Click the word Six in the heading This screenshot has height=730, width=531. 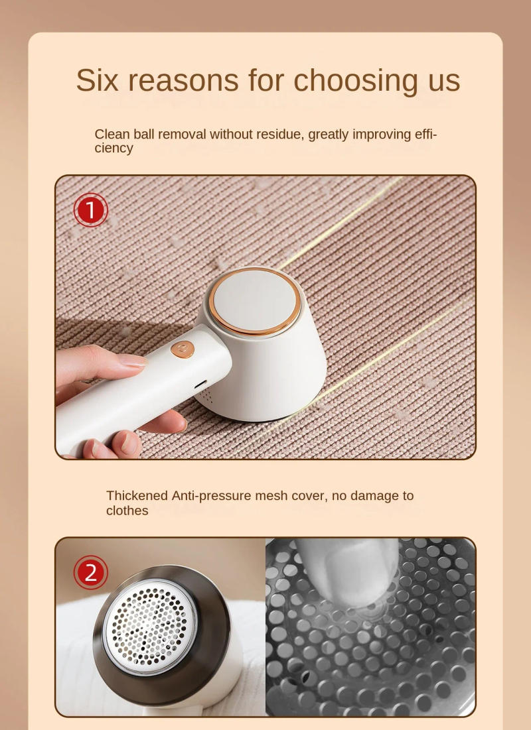pyautogui.click(x=100, y=80)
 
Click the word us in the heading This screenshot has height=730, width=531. pyautogui.click(x=439, y=81)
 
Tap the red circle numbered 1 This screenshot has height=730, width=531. pyautogui.click(x=91, y=210)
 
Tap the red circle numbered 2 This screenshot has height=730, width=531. pyautogui.click(x=91, y=573)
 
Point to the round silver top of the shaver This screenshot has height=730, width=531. pyautogui.click(x=256, y=300)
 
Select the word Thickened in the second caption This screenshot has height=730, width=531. pyautogui.click(x=137, y=495)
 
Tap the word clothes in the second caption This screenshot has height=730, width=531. pyautogui.click(x=127, y=511)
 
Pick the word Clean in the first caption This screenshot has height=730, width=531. pyautogui.click(x=112, y=134)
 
